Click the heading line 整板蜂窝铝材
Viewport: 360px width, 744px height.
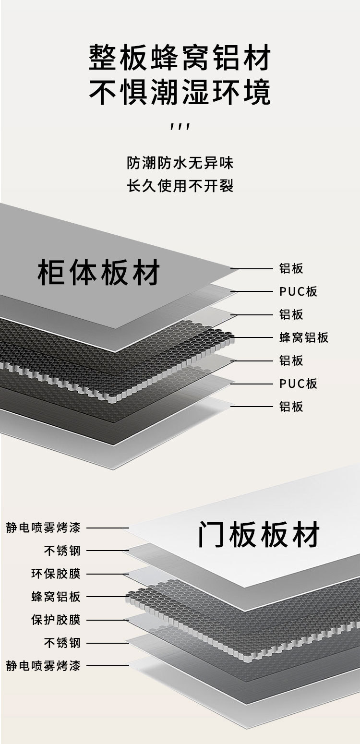pos(180,58)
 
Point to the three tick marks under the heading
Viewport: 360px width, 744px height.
pos(180,127)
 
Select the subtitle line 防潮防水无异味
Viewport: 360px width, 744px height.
pos(180,163)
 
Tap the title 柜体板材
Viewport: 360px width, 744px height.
pos(98,272)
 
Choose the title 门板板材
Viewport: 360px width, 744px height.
pos(259,535)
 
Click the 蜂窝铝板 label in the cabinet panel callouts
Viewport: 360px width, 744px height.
pos(304,337)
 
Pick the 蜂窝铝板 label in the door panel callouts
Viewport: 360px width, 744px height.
pos(56,597)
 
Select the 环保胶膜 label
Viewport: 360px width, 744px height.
pos(56,574)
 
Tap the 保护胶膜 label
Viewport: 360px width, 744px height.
pos(56,620)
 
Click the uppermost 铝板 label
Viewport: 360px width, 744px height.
pos(291,268)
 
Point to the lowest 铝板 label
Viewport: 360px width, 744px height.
pos(291,407)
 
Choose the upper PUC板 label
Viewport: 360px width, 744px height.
pos(298,291)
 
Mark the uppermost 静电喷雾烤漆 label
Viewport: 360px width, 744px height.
pos(43,528)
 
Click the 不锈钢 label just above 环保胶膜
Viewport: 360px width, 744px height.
pos(62,551)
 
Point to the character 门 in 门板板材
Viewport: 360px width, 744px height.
pos(212,535)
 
